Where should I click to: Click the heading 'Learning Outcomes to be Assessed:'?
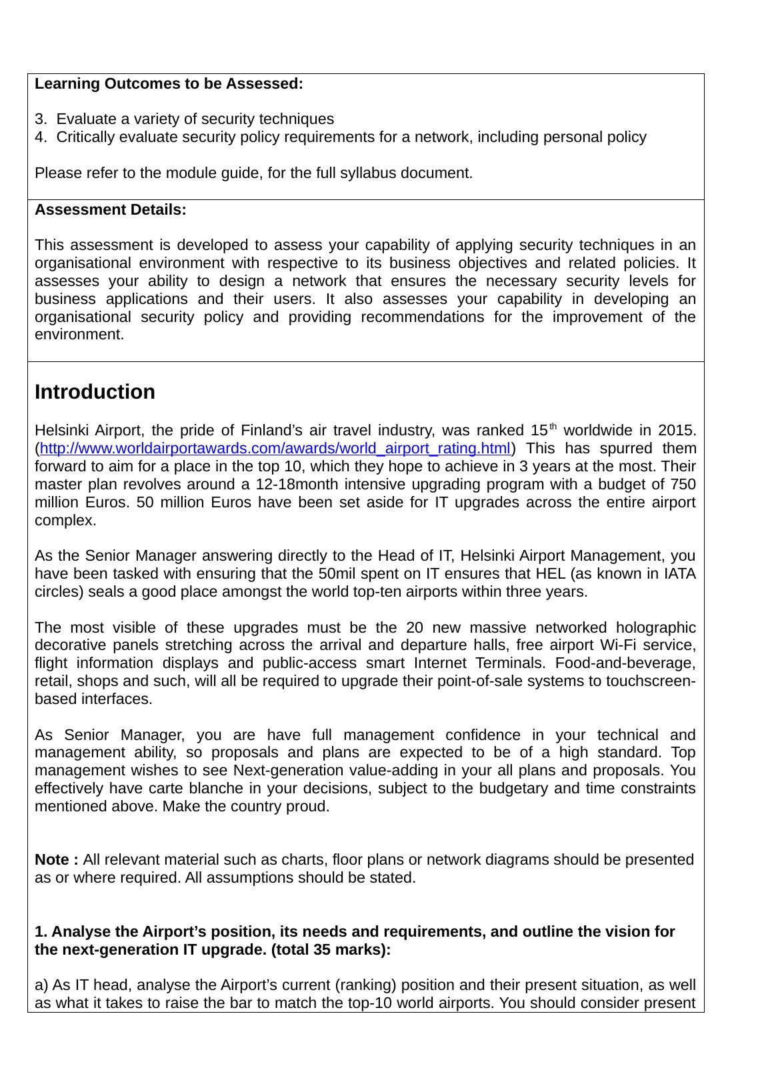(x=169, y=84)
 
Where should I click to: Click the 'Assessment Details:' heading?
(x=111, y=210)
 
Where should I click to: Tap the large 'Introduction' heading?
(x=95, y=392)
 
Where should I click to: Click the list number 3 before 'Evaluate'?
(x=39, y=119)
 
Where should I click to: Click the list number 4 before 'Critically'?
(x=39, y=137)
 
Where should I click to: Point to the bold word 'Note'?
(x=53, y=860)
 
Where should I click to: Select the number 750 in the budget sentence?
(x=683, y=484)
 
